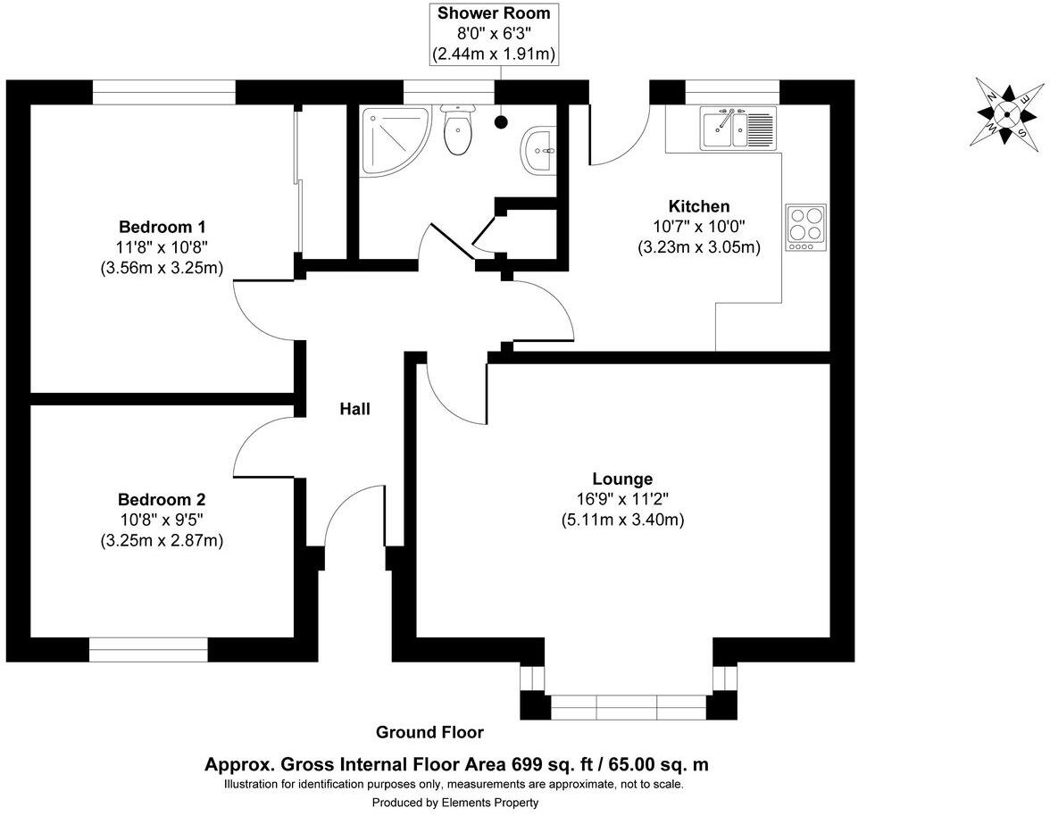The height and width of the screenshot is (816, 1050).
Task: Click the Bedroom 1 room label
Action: [162, 226]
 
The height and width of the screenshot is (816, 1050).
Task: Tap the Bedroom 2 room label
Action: [162, 499]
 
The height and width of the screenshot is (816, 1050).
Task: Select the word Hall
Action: [355, 408]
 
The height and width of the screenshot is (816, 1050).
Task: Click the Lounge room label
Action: [623, 479]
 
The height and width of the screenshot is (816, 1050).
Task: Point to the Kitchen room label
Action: [699, 206]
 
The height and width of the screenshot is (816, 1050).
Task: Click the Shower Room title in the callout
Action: [495, 12]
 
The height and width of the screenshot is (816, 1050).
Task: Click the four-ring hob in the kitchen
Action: [805, 228]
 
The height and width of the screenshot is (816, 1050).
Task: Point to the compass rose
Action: [1006, 111]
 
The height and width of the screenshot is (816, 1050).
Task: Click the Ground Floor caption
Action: [429, 732]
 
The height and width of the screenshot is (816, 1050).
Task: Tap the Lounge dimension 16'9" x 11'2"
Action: [623, 499]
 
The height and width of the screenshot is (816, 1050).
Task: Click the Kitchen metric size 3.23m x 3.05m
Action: [699, 247]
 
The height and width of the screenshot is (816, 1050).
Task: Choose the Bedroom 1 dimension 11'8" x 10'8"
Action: [162, 247]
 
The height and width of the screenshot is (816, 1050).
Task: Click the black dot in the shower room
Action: [501, 121]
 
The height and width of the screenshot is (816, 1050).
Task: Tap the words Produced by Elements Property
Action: [455, 802]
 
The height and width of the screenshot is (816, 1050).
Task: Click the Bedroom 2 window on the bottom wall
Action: [148, 649]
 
